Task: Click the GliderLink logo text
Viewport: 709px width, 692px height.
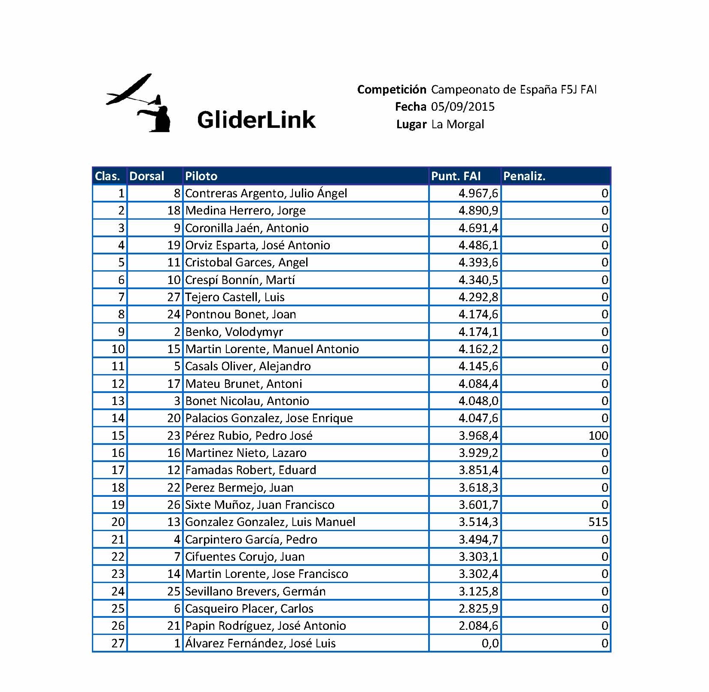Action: coord(256,119)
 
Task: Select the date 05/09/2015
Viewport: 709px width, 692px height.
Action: coord(463,107)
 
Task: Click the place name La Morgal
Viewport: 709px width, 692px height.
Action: coord(457,124)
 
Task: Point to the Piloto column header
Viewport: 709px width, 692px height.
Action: coord(201,176)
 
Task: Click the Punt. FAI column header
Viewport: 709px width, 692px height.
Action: coord(456,176)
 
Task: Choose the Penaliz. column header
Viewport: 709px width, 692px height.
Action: coord(524,176)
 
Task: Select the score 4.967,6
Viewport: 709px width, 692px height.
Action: coord(478,193)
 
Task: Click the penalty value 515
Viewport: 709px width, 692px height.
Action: coord(598,522)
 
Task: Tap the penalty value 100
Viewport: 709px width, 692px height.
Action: coord(598,436)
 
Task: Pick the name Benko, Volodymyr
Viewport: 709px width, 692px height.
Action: coord(234,332)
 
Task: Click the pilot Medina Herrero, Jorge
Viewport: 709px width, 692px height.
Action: coord(245,211)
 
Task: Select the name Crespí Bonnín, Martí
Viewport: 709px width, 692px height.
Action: coord(240,280)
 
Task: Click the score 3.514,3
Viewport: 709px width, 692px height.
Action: coord(478,522)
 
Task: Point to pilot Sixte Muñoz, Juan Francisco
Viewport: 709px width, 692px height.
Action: coord(259,505)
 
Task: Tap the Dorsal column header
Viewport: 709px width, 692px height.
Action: coord(146,176)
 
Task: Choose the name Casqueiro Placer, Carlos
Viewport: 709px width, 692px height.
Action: coord(249,609)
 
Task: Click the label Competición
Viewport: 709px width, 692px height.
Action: coord(391,90)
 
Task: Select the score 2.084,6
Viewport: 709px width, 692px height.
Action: coord(478,626)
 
